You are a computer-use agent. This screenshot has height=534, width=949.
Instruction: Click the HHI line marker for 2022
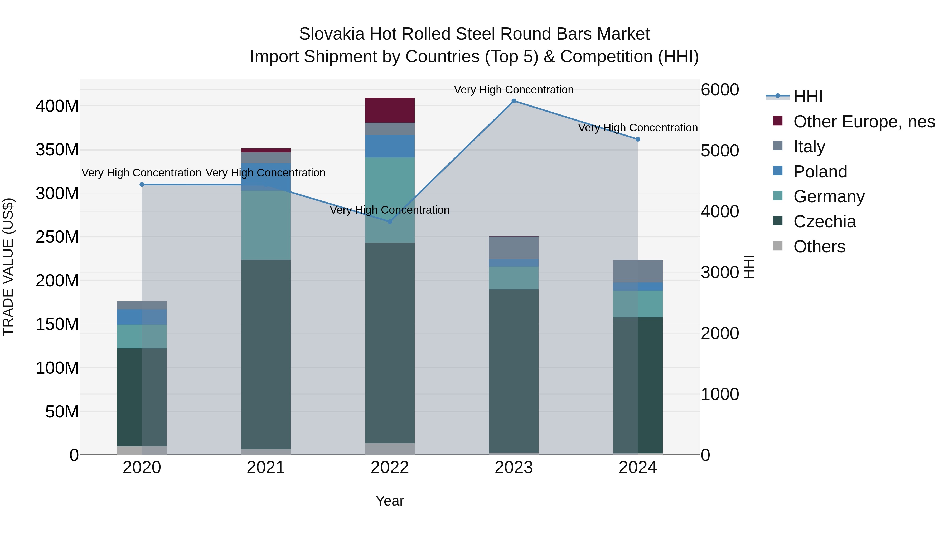point(390,222)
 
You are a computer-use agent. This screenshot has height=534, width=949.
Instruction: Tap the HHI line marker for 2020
point(142,184)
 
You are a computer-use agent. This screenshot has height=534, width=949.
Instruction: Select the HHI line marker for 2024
point(638,139)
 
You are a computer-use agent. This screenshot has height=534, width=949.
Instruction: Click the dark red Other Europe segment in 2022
point(390,110)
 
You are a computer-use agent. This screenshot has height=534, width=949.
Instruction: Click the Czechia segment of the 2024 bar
point(638,385)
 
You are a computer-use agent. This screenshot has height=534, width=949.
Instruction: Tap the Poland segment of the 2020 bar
point(142,317)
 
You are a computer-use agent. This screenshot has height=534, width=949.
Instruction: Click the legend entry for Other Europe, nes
point(864,122)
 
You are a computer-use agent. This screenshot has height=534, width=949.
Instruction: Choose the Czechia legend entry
point(825,222)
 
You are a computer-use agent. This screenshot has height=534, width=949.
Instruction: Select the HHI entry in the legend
point(808,97)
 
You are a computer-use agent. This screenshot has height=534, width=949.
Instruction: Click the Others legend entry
point(819,247)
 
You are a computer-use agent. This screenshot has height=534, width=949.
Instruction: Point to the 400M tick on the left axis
point(57,106)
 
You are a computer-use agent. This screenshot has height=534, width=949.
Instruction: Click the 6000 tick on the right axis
point(719,90)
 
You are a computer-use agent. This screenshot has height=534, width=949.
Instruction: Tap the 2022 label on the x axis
point(390,468)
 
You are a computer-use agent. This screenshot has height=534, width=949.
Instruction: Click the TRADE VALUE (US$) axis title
point(8,267)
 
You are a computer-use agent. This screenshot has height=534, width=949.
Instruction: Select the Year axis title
point(390,501)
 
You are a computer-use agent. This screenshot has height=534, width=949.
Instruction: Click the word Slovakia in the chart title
point(332,34)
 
